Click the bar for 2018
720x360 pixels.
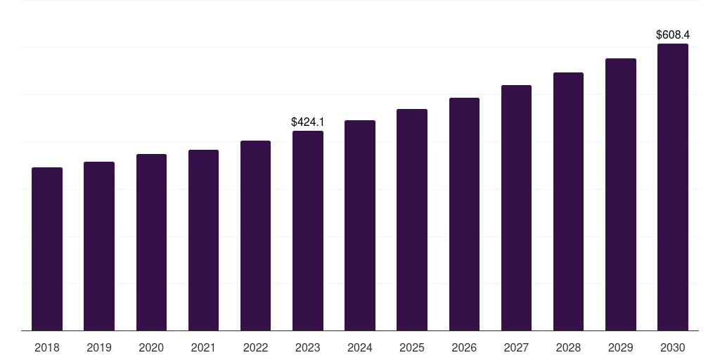click(47, 249)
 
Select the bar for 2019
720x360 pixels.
click(99, 246)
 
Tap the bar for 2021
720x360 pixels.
click(203, 240)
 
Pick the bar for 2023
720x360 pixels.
click(308, 231)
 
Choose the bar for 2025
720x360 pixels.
click(412, 219)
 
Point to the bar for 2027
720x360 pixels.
click(516, 207)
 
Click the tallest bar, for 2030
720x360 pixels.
click(673, 187)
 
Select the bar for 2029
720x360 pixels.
click(621, 194)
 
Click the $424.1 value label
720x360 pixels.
click(308, 122)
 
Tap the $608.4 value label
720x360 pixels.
click(673, 34)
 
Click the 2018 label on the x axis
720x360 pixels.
click(47, 348)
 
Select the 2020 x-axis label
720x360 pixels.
click(151, 348)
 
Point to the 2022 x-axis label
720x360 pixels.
click(255, 348)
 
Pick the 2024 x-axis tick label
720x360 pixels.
click(360, 348)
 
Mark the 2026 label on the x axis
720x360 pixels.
click(464, 348)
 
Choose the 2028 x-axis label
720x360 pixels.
click(568, 348)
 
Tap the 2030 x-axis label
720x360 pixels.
click(673, 348)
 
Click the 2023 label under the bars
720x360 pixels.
click(308, 348)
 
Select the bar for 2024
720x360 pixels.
click(360, 225)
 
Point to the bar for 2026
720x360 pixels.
click(464, 214)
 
